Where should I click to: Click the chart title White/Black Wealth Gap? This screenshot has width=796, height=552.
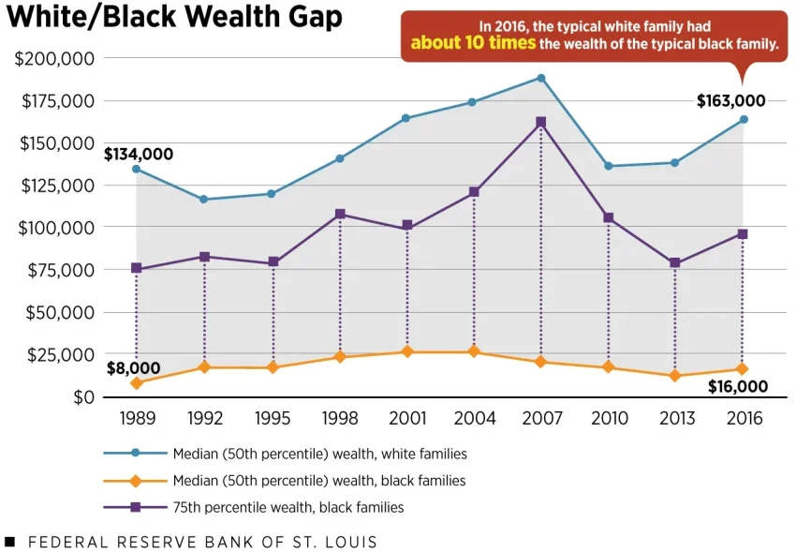point(174,18)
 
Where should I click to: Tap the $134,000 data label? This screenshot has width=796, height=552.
point(139,154)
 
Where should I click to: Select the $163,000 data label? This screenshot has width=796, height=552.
point(730,101)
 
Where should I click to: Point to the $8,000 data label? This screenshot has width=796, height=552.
point(133,368)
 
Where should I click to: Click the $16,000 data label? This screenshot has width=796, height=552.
point(737,386)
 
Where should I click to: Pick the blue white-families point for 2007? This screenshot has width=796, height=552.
point(540,78)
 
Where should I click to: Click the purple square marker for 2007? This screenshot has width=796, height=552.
point(540,122)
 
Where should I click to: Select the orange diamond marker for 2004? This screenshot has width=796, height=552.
point(474,351)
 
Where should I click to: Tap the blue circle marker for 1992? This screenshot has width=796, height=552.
point(204,200)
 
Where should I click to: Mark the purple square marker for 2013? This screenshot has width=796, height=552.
point(675,262)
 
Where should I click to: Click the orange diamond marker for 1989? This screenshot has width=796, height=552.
point(137,382)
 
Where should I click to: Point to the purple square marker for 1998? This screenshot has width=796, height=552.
point(339,214)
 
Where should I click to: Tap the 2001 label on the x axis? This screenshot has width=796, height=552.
point(406,419)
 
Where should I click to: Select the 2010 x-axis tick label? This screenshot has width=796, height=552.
point(609,419)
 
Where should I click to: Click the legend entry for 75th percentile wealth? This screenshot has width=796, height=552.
point(287,507)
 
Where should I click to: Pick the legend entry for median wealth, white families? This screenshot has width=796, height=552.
point(319,454)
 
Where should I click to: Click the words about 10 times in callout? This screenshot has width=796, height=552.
point(473,43)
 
